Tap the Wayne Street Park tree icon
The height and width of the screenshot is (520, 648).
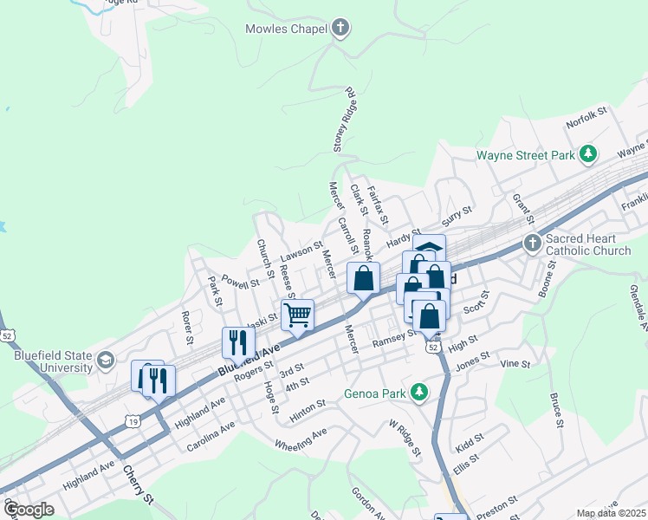589,155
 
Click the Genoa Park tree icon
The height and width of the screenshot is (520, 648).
419,393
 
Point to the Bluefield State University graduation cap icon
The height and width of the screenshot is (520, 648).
106,360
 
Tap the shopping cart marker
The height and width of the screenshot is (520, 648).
297,315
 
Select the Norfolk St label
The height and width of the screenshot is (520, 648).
587,117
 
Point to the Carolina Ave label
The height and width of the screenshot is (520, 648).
211,438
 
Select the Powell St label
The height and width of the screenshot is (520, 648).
240,281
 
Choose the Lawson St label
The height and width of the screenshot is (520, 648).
301,254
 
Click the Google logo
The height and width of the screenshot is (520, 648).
29,510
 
